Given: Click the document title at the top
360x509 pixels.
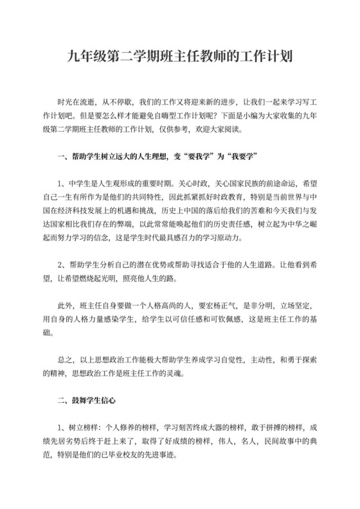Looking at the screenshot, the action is [180, 56].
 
